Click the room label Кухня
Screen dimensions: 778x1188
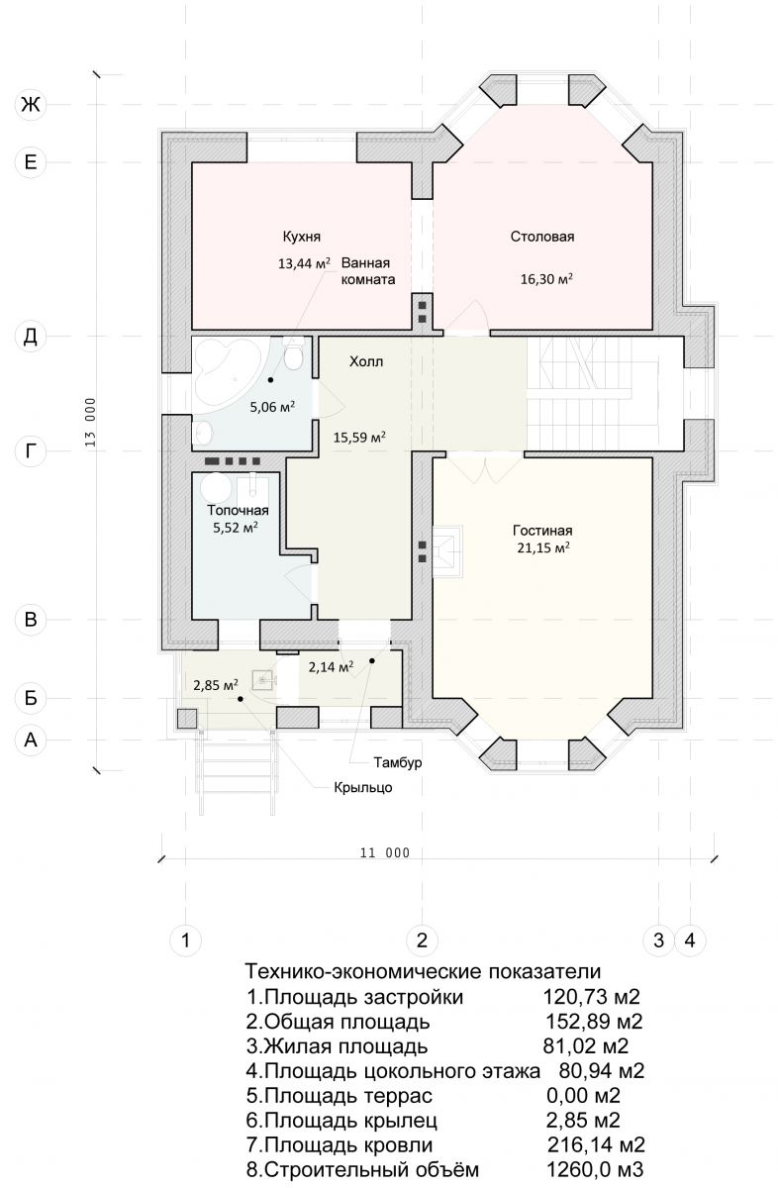(x=301, y=236)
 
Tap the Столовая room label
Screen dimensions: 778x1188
(x=542, y=237)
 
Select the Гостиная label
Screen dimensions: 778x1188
(x=542, y=531)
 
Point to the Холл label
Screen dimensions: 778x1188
(x=366, y=361)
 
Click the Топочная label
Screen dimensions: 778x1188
(x=238, y=510)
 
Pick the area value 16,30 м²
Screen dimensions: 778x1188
(x=546, y=279)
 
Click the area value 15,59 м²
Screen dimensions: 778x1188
(x=359, y=438)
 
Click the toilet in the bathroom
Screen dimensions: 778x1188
(x=293, y=353)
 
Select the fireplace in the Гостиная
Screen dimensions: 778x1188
(x=448, y=551)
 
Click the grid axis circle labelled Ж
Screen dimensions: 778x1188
(x=31, y=105)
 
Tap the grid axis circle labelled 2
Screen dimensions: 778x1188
(x=422, y=940)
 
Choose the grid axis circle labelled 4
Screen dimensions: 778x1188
(x=690, y=940)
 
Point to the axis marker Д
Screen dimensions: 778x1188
(x=31, y=336)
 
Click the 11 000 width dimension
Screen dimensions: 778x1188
(x=385, y=852)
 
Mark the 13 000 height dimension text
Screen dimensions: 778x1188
(x=91, y=422)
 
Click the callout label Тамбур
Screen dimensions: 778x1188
(x=398, y=762)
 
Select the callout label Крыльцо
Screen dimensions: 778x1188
(x=363, y=787)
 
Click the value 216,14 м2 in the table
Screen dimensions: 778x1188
(x=596, y=1144)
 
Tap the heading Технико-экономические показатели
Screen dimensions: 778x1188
(x=423, y=971)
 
